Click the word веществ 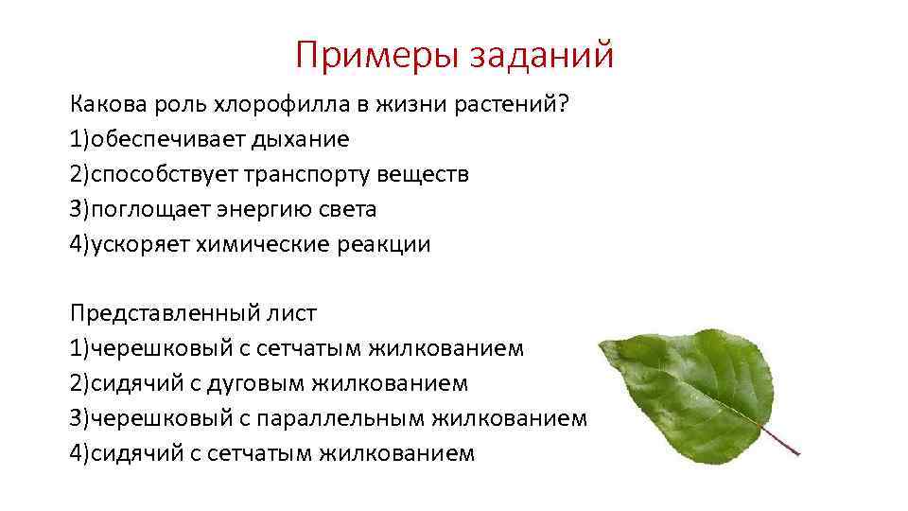tap(423, 174)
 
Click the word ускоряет tap(140, 244)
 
